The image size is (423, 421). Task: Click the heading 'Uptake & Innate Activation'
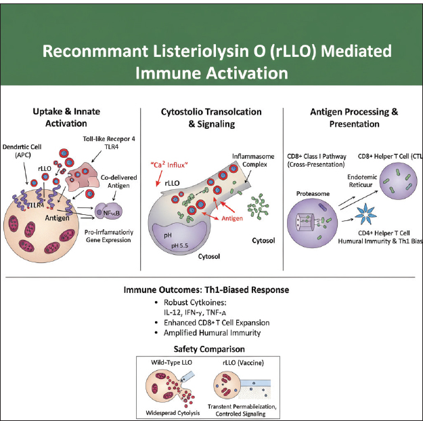click(x=69, y=117)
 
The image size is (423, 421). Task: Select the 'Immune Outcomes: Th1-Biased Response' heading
click(x=206, y=289)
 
